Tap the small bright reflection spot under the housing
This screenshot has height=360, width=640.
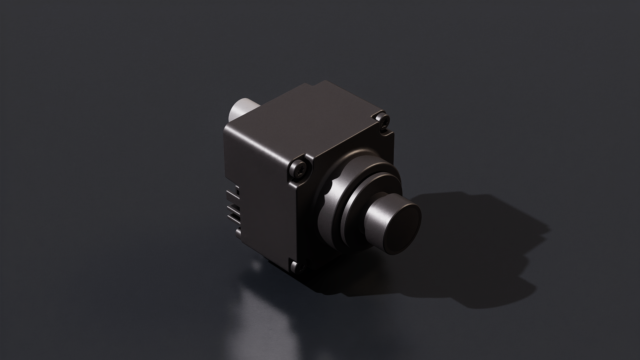coord(257,266)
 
